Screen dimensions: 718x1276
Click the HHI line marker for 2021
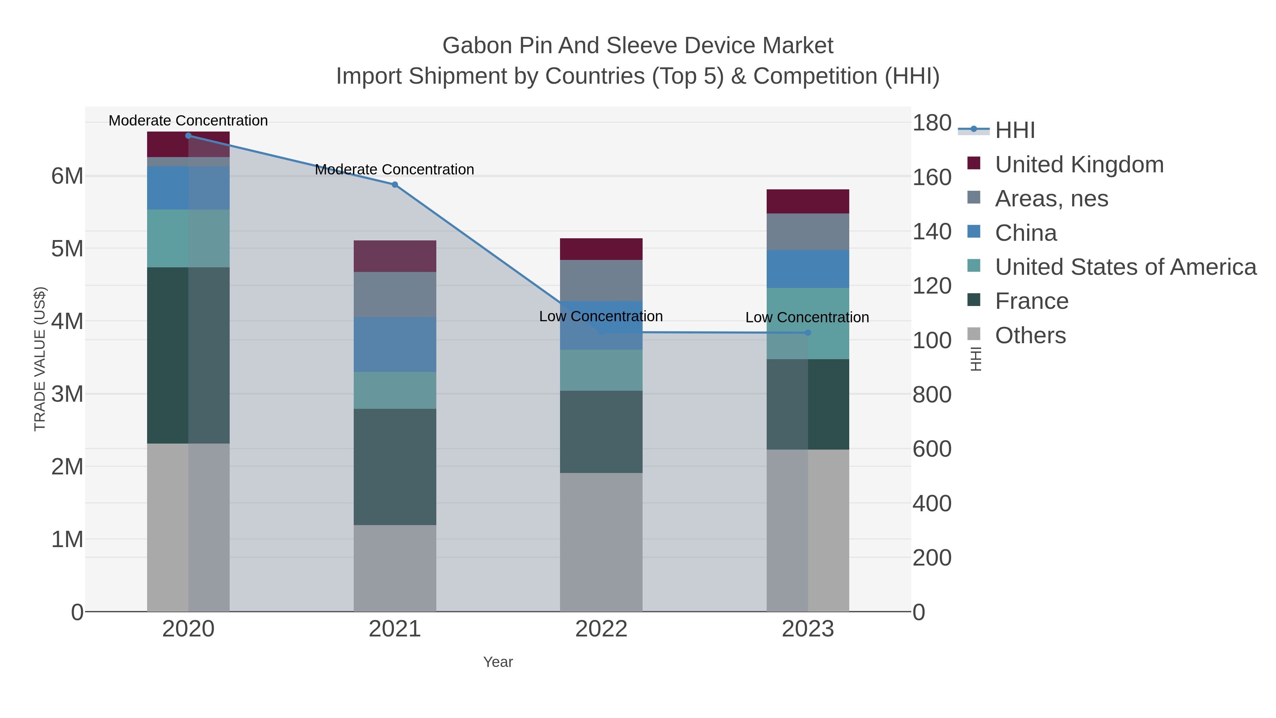(x=395, y=185)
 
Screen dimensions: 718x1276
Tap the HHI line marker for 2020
(x=188, y=136)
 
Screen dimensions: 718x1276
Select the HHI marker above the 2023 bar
(x=808, y=333)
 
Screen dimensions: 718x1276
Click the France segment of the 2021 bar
(x=395, y=467)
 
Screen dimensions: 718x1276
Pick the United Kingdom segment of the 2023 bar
(x=808, y=201)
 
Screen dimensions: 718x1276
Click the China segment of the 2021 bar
(x=395, y=344)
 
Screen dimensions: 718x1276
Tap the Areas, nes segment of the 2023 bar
(x=808, y=232)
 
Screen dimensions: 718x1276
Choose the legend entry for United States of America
(x=1125, y=267)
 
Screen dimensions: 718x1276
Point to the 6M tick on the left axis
(x=67, y=176)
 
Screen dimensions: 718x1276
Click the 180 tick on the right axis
(x=932, y=123)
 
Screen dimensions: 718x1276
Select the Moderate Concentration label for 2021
(x=394, y=169)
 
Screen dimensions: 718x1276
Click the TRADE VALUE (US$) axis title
(x=40, y=359)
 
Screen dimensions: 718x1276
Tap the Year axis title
(x=498, y=662)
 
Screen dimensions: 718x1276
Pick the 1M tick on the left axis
(x=67, y=539)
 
